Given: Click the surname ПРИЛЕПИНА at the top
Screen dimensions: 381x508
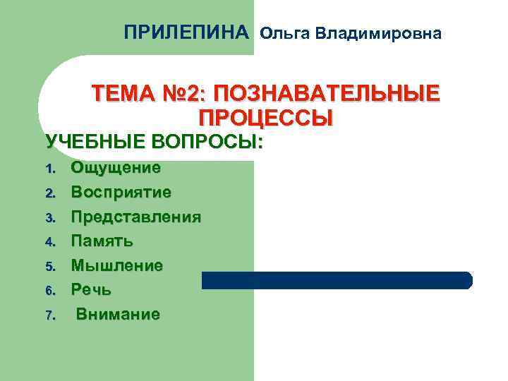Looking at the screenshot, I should point(186,32).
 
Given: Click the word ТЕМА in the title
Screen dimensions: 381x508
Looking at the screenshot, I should point(121,94).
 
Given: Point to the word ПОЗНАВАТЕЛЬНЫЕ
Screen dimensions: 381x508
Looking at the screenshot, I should point(325,94).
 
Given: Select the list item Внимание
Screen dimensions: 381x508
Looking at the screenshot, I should point(118,314).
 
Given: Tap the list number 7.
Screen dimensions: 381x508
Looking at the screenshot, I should point(49,315).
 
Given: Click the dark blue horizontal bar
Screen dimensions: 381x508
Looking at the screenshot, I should point(337,280).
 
